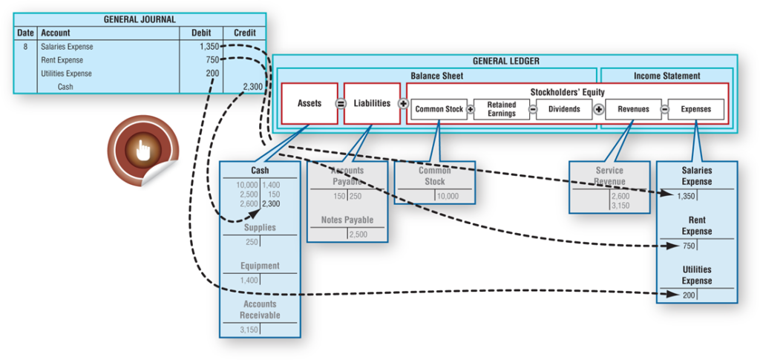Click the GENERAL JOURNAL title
tap(140, 19)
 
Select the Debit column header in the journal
tap(201, 33)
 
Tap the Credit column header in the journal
tap(244, 33)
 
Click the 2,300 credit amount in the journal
tap(252, 87)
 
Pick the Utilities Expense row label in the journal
tap(67, 73)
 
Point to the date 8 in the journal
tap(25, 47)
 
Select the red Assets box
tap(309, 103)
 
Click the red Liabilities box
tap(372, 103)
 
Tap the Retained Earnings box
tap(502, 109)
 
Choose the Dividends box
tap(564, 109)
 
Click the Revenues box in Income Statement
tap(632, 109)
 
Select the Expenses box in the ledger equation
tap(695, 109)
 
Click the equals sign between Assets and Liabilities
tap(341, 103)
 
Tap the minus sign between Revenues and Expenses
tap(664, 109)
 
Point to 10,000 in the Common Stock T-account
tap(448, 197)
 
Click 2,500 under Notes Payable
tap(357, 235)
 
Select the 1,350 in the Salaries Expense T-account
tap(687, 196)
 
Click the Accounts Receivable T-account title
tap(260, 310)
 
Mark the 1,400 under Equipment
tap(250, 280)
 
